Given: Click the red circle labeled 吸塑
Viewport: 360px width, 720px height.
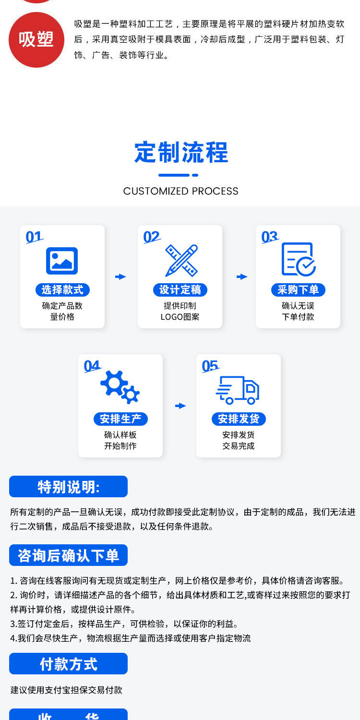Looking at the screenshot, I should (x=36, y=40).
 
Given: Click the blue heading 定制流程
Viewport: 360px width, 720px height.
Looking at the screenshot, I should (x=181, y=153).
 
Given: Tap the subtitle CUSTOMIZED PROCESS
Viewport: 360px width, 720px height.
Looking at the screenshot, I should (x=180, y=191).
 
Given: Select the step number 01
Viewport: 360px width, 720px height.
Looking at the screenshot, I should (x=34, y=237).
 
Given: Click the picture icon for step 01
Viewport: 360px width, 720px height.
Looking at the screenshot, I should (x=62, y=261).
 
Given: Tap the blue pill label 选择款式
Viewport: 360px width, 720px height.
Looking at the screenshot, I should (x=62, y=290).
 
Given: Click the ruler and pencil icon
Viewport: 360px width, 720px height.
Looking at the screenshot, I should (x=181, y=260).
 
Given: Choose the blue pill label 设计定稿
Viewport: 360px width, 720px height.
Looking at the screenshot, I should (x=180, y=290).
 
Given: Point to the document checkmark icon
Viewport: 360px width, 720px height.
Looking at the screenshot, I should (x=298, y=260).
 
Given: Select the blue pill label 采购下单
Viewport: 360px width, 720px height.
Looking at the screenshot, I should (x=298, y=290).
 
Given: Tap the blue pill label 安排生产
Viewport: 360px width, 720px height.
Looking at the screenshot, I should (x=120, y=419).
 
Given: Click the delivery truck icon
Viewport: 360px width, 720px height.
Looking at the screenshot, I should (x=238, y=389).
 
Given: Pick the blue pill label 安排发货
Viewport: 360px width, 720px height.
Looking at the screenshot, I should (x=239, y=419).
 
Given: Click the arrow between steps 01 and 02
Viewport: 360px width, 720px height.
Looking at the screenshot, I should (x=120, y=276).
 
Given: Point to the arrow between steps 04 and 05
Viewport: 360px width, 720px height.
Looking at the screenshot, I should (x=180, y=406).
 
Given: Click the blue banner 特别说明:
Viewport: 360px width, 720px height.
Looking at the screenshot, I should (x=68, y=487).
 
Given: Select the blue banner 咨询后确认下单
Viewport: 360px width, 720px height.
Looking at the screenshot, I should (x=68, y=555).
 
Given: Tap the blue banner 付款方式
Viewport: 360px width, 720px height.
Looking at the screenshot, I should (x=68, y=664).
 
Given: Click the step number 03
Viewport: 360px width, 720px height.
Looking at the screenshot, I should (x=270, y=237).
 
